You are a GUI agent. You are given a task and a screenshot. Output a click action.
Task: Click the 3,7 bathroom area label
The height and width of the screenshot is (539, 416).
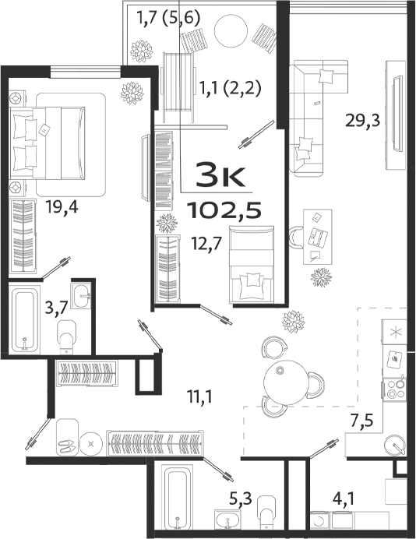(x=54, y=308)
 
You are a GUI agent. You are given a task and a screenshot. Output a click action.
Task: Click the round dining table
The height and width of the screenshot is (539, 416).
(x=281, y=381)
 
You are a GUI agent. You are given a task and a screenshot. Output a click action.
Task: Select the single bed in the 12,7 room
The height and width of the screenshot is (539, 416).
(x=252, y=262)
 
